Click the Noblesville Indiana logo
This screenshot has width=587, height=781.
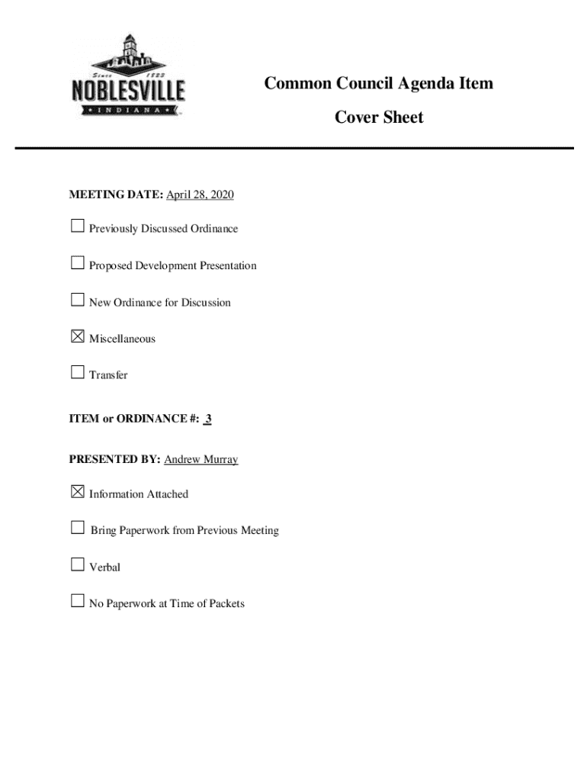coord(128,76)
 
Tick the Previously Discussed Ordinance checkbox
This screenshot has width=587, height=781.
coord(77,227)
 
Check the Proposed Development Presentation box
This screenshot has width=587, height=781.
coord(77,264)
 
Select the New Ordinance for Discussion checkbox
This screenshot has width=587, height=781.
coord(77,301)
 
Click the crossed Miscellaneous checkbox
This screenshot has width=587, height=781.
coord(77,336)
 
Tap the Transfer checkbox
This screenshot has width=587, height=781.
coord(77,373)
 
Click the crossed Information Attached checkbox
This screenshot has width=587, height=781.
coord(77,493)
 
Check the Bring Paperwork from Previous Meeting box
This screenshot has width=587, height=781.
coord(77,528)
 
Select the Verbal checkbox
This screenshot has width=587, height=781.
coord(77,565)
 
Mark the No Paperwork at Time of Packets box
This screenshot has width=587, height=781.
coord(77,602)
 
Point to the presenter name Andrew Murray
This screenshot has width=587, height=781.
coord(201,460)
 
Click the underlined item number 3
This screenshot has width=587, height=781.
coord(208,419)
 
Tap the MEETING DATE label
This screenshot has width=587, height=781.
coord(116,195)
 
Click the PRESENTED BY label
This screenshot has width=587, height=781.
coord(114,460)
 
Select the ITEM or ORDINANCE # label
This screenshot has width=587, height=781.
coord(134,419)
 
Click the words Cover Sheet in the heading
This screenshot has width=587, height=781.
coord(379,117)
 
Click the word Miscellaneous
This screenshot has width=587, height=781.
coord(122,339)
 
